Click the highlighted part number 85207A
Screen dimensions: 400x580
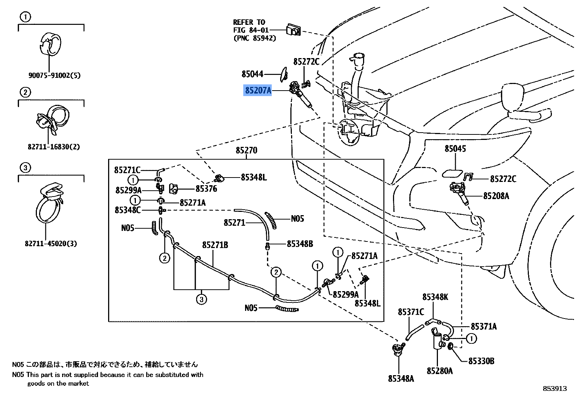pyautogui.click(x=258, y=90)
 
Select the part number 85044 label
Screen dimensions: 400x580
pyautogui.click(x=252, y=74)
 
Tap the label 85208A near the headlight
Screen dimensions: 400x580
pyautogui.click(x=496, y=196)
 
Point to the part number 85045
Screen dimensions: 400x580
pyautogui.click(x=455, y=149)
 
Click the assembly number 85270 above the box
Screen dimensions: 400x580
pyautogui.click(x=246, y=150)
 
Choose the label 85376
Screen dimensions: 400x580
pyautogui.click(x=206, y=189)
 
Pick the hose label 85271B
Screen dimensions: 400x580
pyautogui.click(x=215, y=245)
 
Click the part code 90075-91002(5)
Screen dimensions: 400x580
pyautogui.click(x=54, y=76)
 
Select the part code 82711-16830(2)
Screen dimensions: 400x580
pyautogui.click(x=53, y=147)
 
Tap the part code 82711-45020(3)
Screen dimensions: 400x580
pyautogui.click(x=51, y=244)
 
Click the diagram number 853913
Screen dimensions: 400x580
pyautogui.click(x=554, y=389)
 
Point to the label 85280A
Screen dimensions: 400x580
pyautogui.click(x=439, y=371)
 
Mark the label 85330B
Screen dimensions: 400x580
pyautogui.click(x=481, y=361)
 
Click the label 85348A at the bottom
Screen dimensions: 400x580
pyautogui.click(x=401, y=378)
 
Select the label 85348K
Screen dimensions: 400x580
pyautogui.click(x=435, y=297)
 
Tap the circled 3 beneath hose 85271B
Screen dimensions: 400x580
pyautogui.click(x=201, y=300)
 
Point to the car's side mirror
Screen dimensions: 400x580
pyautogui.click(x=515, y=98)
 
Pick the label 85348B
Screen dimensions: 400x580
pyautogui.click(x=299, y=244)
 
